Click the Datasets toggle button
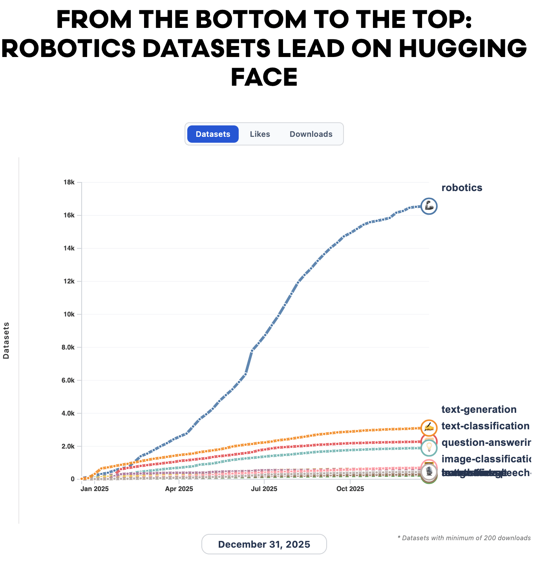[213, 134]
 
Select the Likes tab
[260, 134]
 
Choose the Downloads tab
[311, 134]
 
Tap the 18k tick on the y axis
[69, 182]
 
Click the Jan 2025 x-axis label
[95, 489]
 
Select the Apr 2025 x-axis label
[179, 489]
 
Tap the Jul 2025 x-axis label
[264, 489]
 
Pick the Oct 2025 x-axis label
[350, 489]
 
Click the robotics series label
[462, 188]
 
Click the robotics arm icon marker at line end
[429, 206]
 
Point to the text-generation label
[479, 410]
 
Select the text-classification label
[485, 426]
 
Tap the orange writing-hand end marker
[429, 427]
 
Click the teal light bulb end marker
[429, 447]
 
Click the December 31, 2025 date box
[264, 544]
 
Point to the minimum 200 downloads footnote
[464, 538]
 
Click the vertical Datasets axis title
[6, 340]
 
